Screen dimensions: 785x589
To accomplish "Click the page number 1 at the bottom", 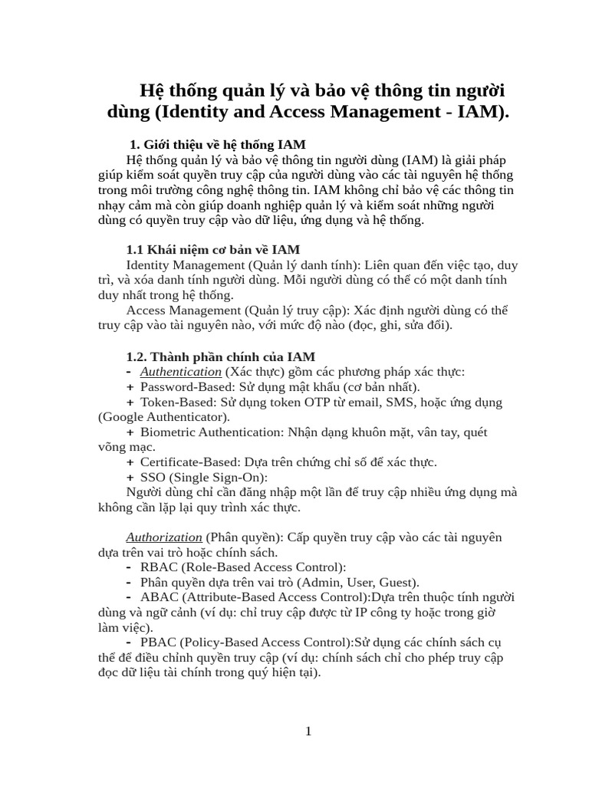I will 308,731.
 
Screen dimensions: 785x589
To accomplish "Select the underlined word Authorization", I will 163,537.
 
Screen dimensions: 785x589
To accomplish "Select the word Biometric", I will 168,432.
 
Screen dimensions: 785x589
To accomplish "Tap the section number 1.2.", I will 137,356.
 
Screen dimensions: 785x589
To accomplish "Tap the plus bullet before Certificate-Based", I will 130,462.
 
